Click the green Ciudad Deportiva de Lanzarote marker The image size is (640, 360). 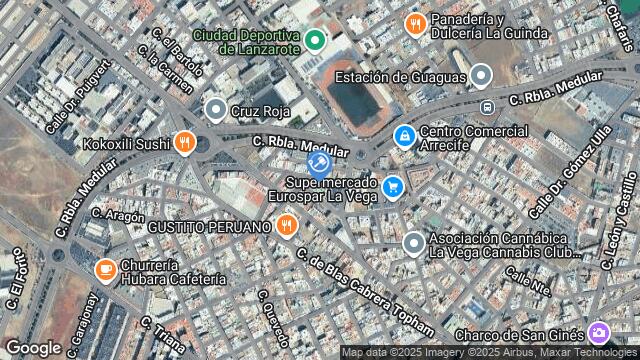point(315,40)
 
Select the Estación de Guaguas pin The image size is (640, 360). point(482,76)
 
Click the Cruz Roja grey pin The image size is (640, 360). point(215,110)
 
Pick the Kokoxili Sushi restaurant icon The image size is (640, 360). point(183,143)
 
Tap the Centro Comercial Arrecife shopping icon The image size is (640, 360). point(404,134)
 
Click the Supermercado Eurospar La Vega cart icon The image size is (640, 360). point(393,186)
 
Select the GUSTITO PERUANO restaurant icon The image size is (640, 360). point(287,226)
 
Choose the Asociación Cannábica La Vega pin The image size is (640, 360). point(413,243)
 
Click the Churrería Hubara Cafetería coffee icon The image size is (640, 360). point(105,270)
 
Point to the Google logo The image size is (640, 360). point(33,347)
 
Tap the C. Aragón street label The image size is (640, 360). point(118,215)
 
